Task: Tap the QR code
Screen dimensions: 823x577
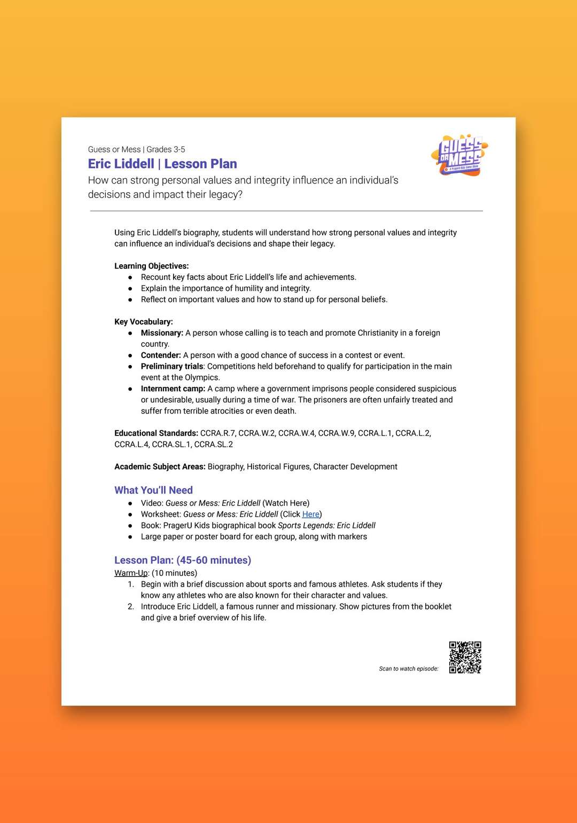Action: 465,658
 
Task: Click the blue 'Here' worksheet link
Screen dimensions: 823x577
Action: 310,515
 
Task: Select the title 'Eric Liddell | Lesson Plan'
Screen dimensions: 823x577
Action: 162,164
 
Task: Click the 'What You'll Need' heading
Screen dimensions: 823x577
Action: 153,490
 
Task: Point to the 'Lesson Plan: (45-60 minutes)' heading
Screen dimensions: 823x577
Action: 183,560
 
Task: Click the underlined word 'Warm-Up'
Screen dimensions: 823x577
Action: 131,573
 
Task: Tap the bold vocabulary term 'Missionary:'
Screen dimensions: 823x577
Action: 162,333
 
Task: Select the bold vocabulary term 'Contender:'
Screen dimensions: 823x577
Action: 161,355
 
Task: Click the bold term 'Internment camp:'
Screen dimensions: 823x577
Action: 173,389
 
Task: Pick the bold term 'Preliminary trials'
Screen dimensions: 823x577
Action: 172,367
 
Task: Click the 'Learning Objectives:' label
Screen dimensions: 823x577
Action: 152,266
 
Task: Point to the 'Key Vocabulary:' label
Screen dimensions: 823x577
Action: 144,322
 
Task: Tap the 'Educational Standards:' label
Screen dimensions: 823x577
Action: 156,433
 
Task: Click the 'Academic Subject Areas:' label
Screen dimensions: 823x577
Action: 160,467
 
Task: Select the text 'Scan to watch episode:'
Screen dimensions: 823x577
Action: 409,669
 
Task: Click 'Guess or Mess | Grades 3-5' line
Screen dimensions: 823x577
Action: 137,149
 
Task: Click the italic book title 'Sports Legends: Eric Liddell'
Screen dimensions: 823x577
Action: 326,526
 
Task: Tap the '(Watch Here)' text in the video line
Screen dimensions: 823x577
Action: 286,503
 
